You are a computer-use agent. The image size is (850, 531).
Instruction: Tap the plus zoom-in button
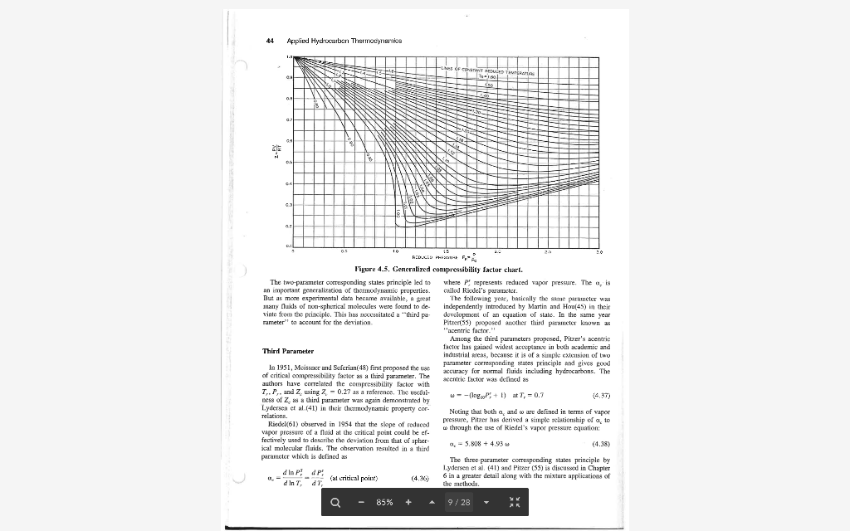(408, 502)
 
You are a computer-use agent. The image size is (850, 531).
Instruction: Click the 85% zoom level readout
(383, 502)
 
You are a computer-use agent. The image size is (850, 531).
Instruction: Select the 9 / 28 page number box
(459, 502)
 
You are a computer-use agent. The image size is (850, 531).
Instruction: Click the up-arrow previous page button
(431, 502)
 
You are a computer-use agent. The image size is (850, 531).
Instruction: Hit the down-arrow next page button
(486, 502)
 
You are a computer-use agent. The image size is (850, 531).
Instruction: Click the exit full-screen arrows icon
(514, 502)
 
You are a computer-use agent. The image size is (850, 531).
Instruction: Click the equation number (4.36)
(420, 478)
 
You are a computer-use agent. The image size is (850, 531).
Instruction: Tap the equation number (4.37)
(602, 396)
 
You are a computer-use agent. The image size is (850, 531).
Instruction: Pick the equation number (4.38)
(602, 444)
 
